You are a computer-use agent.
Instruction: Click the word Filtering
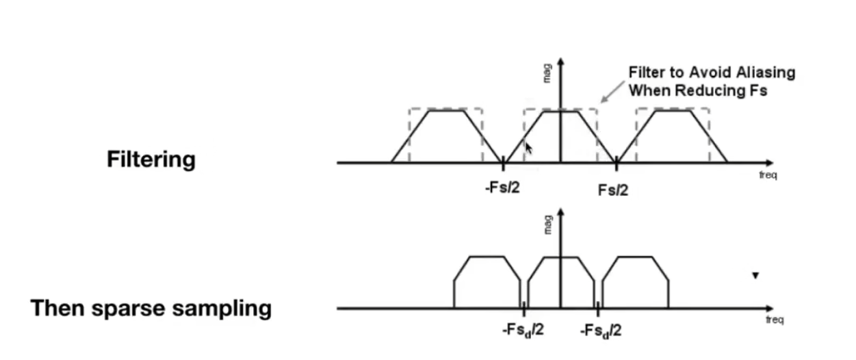(x=151, y=159)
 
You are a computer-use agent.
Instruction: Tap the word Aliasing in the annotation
(x=762, y=73)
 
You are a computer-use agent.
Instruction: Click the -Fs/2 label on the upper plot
(x=502, y=187)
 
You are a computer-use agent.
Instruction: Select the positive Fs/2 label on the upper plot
(x=613, y=190)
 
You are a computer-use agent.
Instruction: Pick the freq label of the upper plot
(x=768, y=175)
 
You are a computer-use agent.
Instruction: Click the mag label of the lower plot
(x=547, y=224)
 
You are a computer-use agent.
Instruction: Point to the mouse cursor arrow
(x=528, y=149)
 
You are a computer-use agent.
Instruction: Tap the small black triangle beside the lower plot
(x=755, y=276)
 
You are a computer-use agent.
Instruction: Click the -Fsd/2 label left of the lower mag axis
(x=523, y=331)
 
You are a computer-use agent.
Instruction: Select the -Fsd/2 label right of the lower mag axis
(x=601, y=331)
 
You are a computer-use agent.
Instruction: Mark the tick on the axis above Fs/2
(x=617, y=163)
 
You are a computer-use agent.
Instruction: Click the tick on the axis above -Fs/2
(x=504, y=163)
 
